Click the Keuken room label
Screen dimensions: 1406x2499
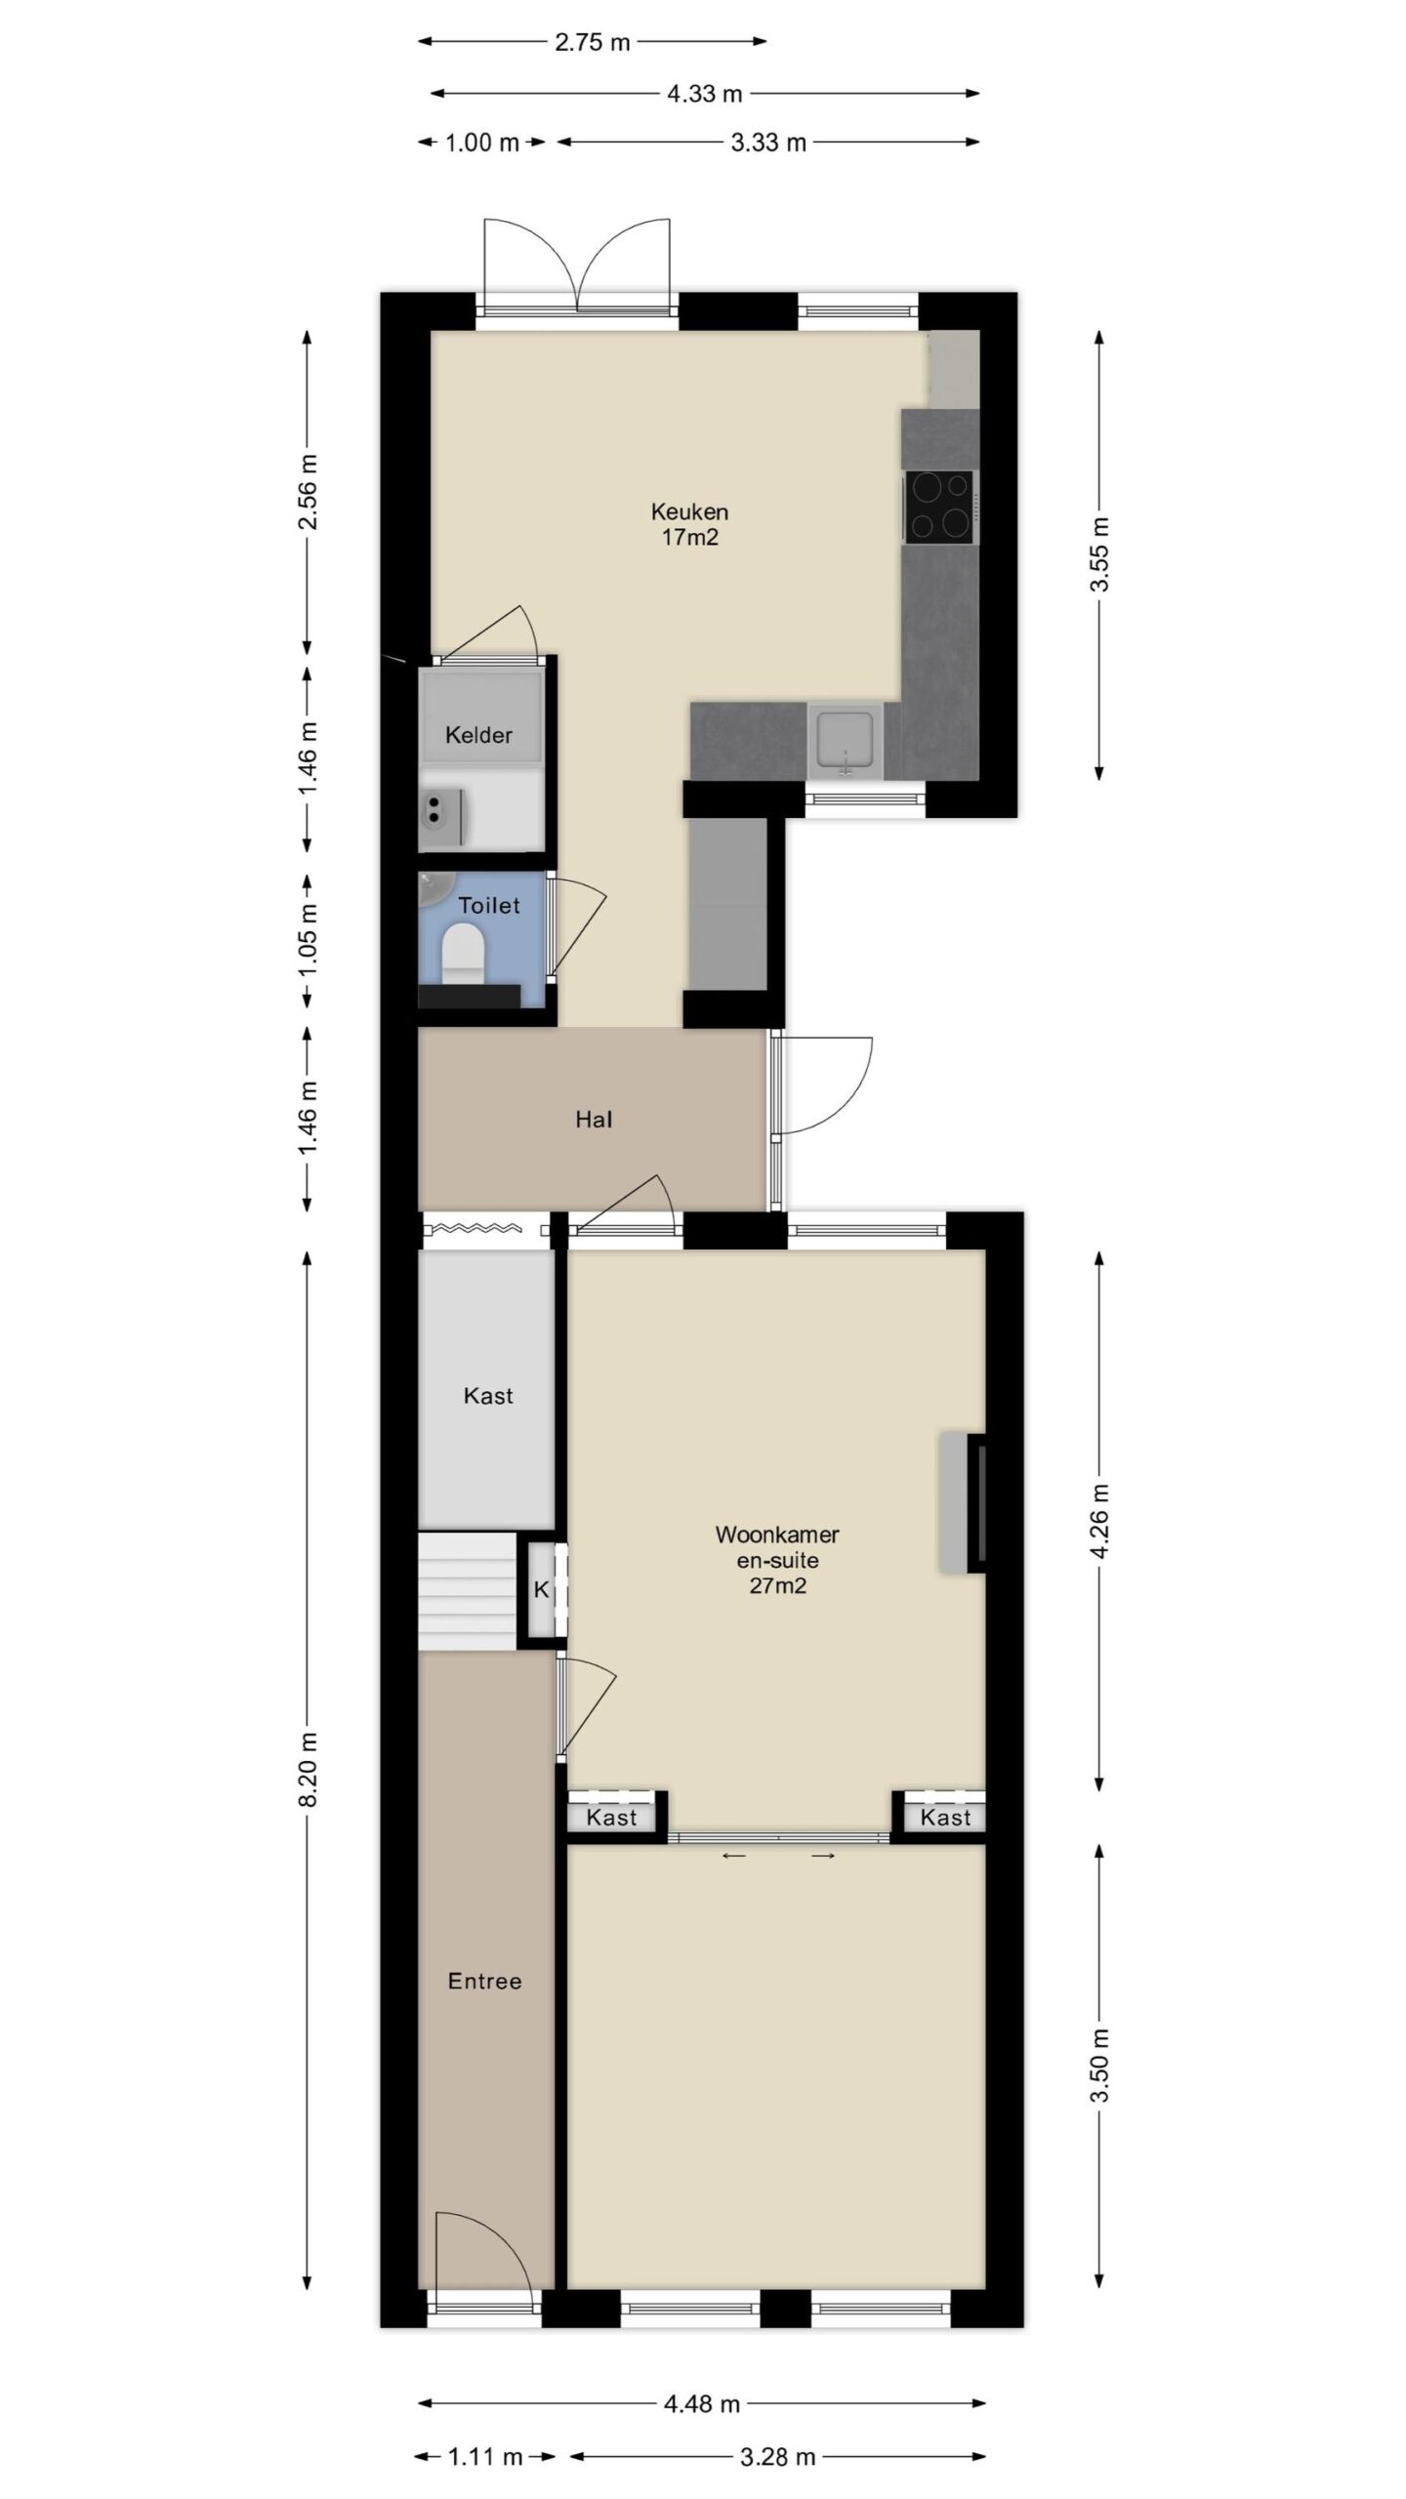[689, 523]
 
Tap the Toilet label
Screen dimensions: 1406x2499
[489, 905]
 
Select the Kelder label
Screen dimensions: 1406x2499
[478, 735]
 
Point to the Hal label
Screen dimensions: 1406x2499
[594, 1120]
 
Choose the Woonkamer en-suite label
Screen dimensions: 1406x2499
[777, 1559]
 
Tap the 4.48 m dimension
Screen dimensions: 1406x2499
[701, 2402]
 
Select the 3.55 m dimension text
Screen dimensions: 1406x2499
[1099, 553]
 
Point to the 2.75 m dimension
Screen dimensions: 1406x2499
[593, 42]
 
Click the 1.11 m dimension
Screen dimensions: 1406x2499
[485, 2456]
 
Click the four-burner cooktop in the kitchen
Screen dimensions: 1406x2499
[939, 507]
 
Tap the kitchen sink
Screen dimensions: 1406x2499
[845, 742]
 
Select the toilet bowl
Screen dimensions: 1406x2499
[463, 955]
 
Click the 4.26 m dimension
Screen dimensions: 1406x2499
[1099, 1522]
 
